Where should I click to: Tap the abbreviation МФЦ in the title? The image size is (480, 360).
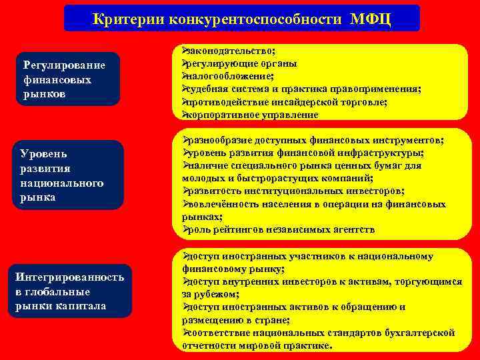(x=371, y=19)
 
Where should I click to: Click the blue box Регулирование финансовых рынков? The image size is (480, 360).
(x=69, y=79)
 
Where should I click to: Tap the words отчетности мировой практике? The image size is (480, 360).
(x=256, y=345)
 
